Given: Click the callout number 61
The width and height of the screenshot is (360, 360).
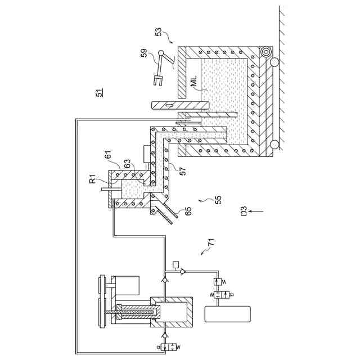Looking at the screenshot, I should (x=107, y=154).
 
